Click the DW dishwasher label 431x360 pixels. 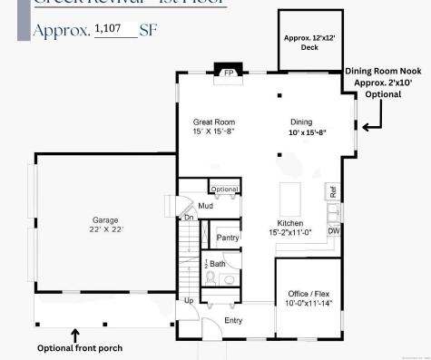click(333, 230)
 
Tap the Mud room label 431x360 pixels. click(205, 207)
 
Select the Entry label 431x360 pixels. click(233, 320)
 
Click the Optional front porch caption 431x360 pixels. click(79, 348)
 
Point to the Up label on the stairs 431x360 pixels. click(189, 300)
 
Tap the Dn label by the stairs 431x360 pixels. click(189, 218)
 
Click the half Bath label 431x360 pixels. click(215, 264)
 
